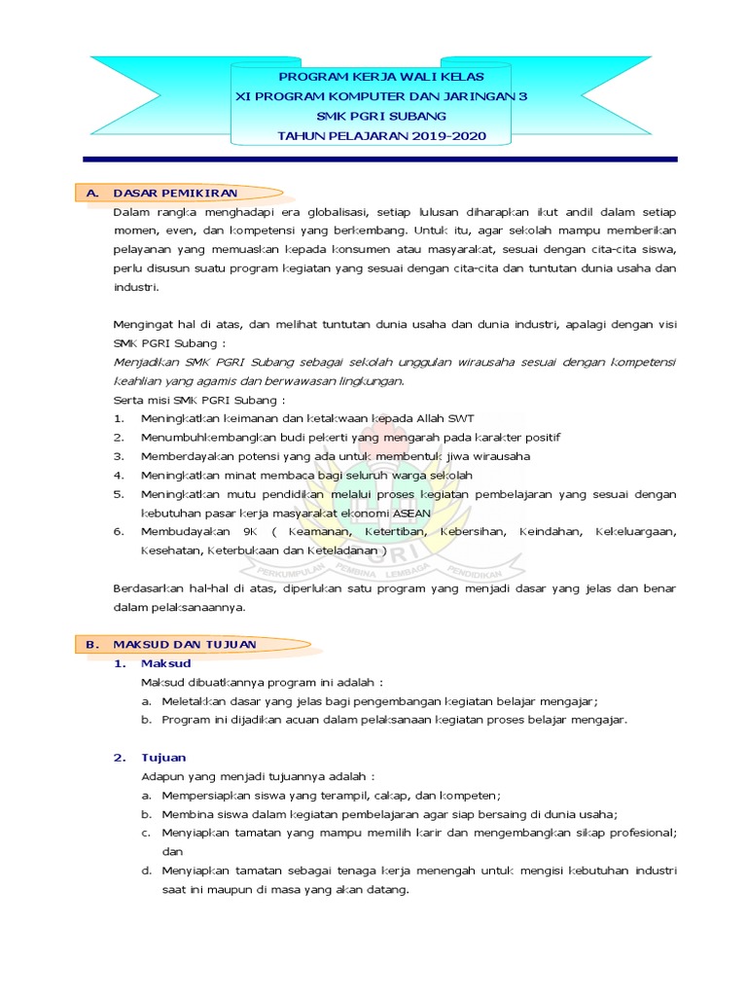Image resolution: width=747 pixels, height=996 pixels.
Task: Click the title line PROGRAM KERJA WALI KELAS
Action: point(381,75)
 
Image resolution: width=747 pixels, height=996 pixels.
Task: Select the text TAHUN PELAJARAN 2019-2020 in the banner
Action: point(381,136)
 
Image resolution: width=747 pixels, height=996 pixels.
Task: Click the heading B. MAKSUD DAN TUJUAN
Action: point(185,644)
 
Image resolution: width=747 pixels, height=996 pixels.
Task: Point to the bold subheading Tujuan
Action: point(163,757)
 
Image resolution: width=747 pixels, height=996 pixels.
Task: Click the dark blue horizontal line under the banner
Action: point(381,159)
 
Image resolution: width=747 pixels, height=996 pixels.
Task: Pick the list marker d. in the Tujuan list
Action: point(145,871)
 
